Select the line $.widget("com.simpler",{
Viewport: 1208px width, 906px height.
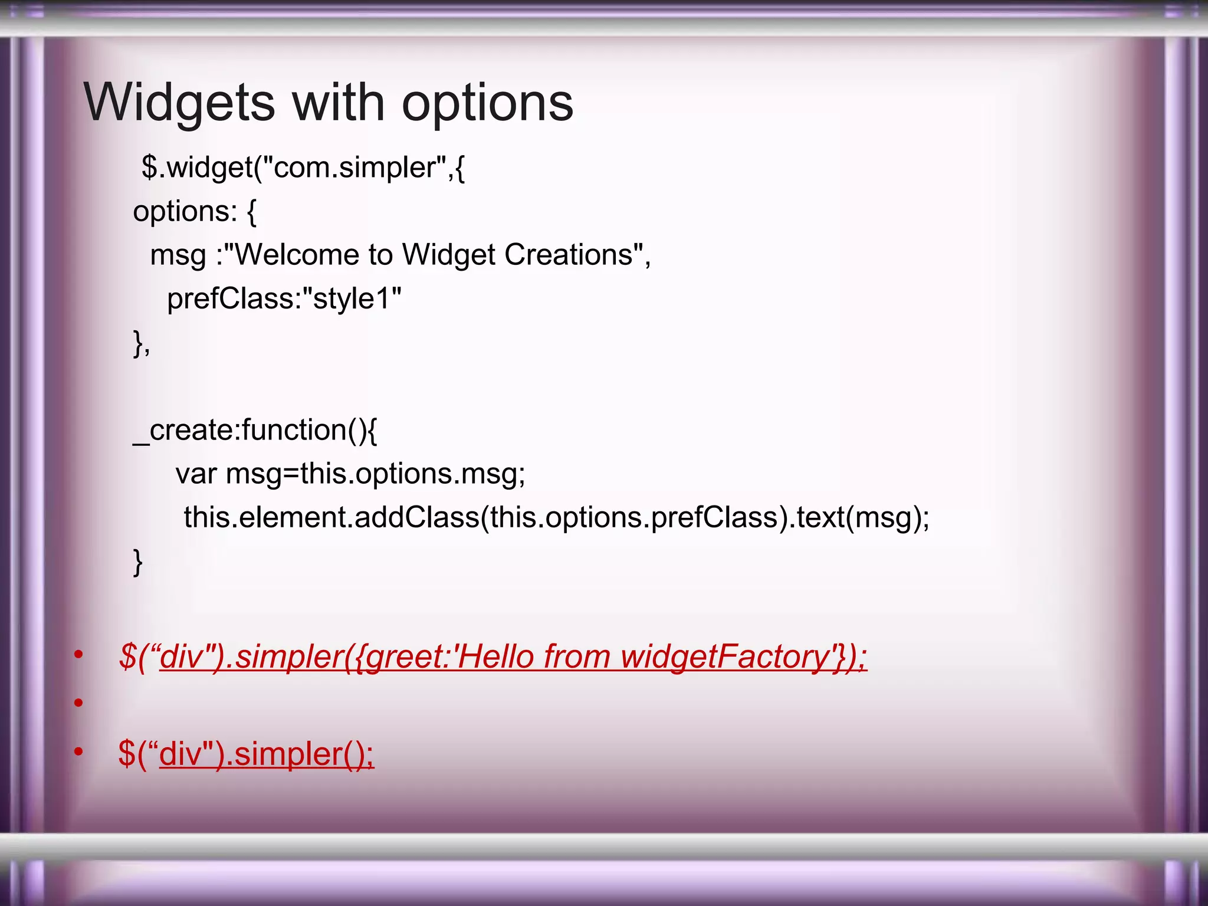[x=303, y=168]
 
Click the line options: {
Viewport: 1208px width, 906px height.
[x=195, y=212]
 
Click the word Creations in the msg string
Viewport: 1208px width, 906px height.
[x=569, y=255]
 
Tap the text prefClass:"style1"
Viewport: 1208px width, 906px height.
[x=284, y=299]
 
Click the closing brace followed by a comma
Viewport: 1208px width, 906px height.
[x=141, y=343]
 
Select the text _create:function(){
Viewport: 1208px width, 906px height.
[x=255, y=430]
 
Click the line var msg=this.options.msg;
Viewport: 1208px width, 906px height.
[x=350, y=474]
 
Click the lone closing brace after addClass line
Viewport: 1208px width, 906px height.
[x=137, y=562]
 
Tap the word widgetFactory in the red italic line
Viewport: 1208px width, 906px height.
[x=725, y=656]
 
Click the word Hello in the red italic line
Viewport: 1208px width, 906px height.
[x=494, y=656]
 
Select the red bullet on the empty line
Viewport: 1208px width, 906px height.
[x=78, y=703]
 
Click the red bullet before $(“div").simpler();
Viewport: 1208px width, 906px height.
[x=78, y=751]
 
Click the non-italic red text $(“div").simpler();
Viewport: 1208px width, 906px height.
[x=246, y=754]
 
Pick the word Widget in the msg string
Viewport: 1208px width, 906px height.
[x=448, y=255]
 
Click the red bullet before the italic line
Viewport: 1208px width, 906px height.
[x=78, y=654]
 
